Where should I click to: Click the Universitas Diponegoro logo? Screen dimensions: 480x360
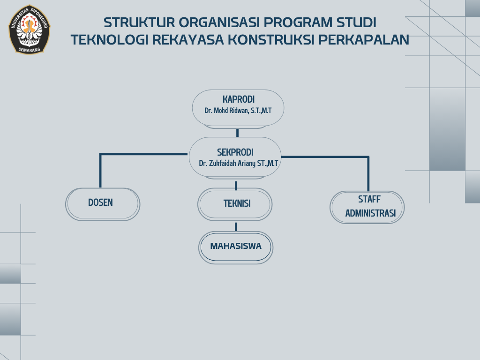click(x=30, y=30)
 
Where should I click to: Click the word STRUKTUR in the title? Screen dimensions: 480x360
click(x=139, y=22)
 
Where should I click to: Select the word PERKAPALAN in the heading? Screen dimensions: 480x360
click(x=364, y=39)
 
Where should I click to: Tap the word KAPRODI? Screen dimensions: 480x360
click(x=239, y=99)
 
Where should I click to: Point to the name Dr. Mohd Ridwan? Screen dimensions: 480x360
click(x=226, y=111)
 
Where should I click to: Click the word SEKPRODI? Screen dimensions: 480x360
click(x=235, y=152)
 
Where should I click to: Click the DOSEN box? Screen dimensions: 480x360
click(x=103, y=204)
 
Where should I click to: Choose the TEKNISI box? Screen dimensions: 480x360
click(x=235, y=204)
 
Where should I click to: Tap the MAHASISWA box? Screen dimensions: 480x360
click(x=236, y=247)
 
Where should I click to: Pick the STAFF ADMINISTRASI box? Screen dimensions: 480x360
click(x=367, y=207)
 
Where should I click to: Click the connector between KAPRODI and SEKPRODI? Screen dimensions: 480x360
click(x=237, y=133)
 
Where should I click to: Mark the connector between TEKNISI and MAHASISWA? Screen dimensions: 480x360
click(x=236, y=227)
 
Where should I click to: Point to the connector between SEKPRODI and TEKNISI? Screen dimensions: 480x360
click(x=236, y=186)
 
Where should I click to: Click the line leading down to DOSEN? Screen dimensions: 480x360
click(x=100, y=154)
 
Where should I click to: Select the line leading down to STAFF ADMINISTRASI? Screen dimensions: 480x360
click(x=368, y=157)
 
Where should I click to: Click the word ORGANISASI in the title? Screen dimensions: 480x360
click(x=219, y=22)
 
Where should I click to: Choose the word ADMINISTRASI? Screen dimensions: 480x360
click(x=370, y=213)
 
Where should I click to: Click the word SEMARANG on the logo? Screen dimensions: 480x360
click(x=30, y=50)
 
